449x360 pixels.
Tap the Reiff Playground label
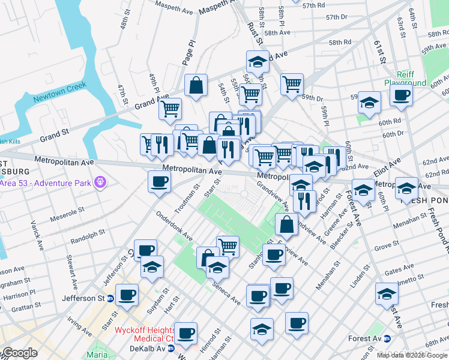(x=405, y=78)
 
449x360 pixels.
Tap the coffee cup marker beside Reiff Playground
(x=400, y=95)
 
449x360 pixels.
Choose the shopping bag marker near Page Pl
(x=196, y=86)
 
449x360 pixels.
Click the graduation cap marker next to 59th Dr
(x=369, y=103)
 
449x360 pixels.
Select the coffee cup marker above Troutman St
(x=159, y=182)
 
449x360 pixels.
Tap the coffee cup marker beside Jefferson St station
(x=127, y=296)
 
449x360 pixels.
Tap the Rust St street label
(x=255, y=34)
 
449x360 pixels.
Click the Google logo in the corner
(x=19, y=353)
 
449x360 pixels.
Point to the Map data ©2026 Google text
(x=412, y=355)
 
